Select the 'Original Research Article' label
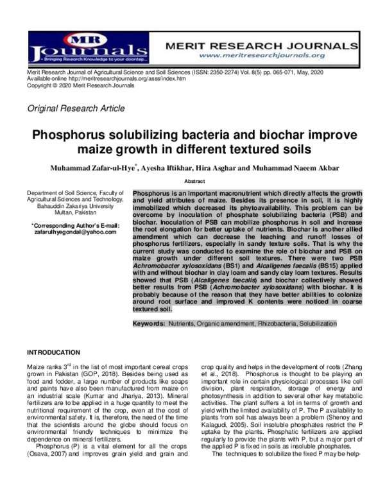(76, 108)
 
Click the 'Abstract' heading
(194, 182)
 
